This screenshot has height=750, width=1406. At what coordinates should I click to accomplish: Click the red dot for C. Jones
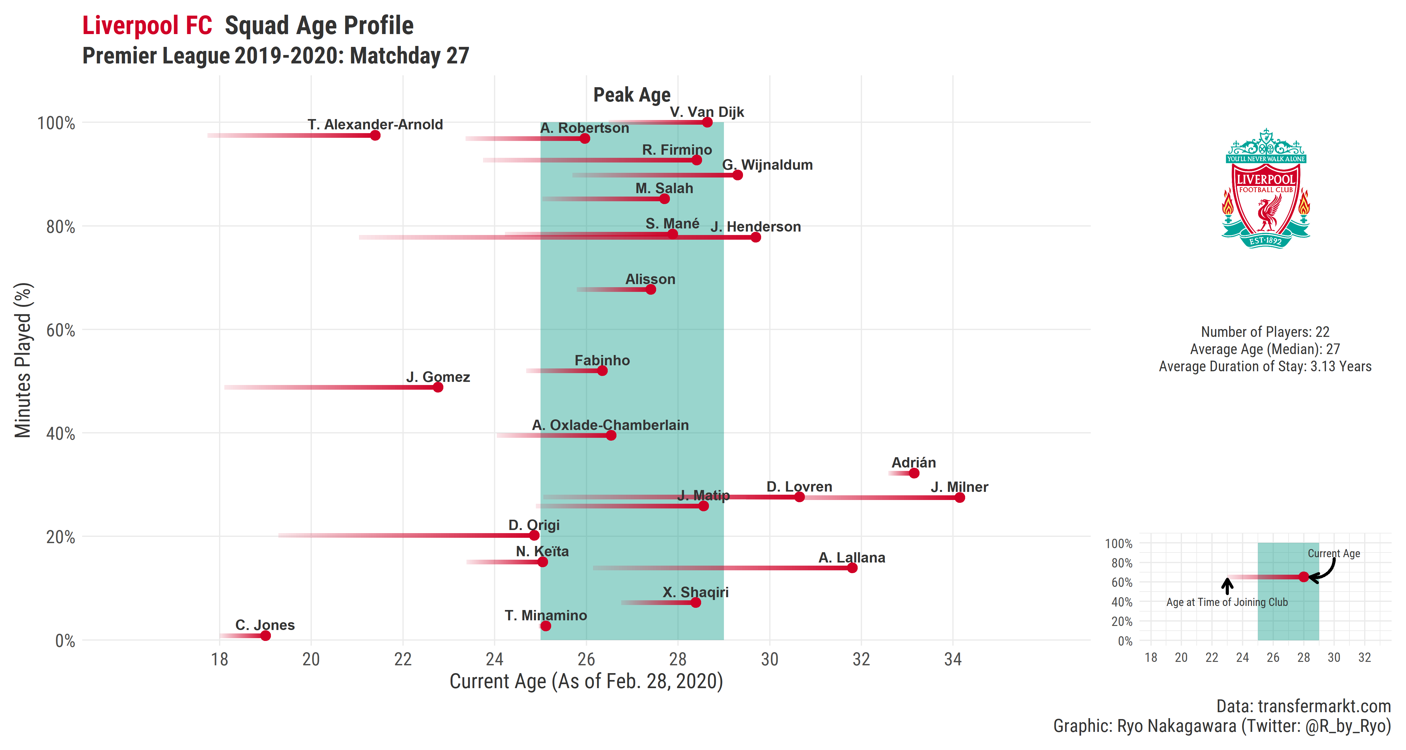click(x=265, y=635)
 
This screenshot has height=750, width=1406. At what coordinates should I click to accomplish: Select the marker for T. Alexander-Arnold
click(x=375, y=135)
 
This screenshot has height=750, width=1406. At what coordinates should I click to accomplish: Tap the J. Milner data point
click(x=960, y=497)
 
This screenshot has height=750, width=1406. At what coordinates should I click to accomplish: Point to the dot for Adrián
click(x=914, y=473)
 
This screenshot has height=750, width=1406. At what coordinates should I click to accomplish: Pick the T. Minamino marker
click(x=546, y=626)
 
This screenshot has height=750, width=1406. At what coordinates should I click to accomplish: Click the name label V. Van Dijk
click(x=707, y=112)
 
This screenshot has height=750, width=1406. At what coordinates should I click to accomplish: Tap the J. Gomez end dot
click(x=438, y=387)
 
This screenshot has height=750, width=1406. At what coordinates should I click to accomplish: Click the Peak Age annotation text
click(x=632, y=95)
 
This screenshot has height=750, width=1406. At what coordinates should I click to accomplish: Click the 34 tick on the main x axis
click(x=953, y=659)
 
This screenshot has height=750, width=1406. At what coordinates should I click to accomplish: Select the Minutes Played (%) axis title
click(x=23, y=360)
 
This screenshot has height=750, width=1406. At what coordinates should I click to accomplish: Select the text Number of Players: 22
click(x=1265, y=332)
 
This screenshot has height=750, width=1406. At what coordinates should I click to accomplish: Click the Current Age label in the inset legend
click(x=1334, y=553)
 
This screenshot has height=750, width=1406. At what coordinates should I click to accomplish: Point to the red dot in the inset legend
click(x=1304, y=577)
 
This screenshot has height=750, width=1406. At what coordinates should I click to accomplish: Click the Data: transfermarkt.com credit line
click(x=1304, y=706)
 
